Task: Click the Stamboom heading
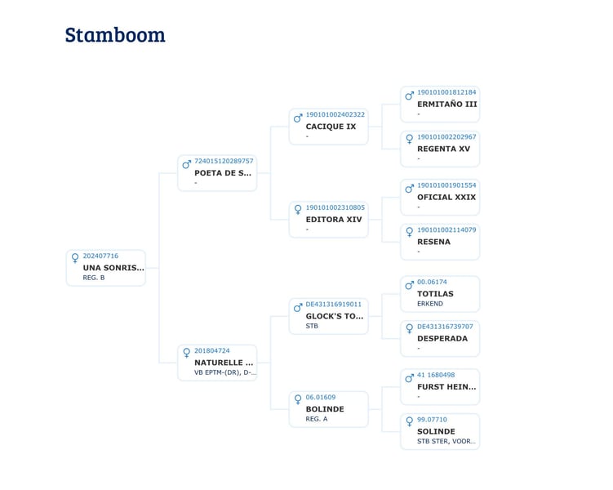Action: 115,35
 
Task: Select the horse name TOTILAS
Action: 435,294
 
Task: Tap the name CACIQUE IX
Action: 331,127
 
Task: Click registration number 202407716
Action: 100,256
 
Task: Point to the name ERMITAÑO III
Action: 446,104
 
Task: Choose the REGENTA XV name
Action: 443,149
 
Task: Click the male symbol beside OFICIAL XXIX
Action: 409,189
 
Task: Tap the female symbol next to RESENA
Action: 409,232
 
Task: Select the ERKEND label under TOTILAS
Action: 430,304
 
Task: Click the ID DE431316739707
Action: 445,327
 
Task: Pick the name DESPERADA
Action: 442,338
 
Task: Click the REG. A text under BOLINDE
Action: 317,419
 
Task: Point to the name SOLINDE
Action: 436,431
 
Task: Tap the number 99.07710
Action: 432,420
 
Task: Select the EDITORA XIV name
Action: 334,220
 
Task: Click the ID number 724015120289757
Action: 224,161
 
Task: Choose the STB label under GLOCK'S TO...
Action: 312,326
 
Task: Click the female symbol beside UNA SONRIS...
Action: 75,258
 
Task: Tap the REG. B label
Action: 94,278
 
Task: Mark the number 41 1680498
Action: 436,375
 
